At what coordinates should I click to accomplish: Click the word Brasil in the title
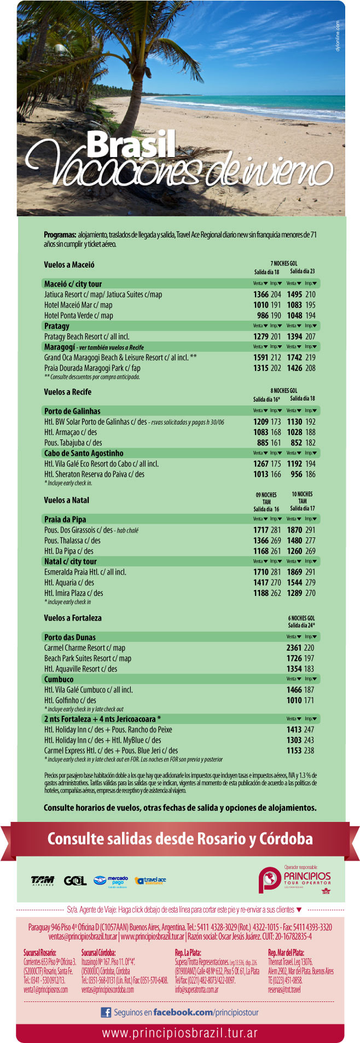(131, 144)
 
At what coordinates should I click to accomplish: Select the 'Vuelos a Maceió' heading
(69, 265)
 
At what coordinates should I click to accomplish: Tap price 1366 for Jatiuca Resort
(261, 294)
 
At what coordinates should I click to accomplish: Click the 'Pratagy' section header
(57, 326)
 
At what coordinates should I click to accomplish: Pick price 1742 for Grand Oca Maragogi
(294, 357)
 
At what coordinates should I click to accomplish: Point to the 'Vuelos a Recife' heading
(68, 392)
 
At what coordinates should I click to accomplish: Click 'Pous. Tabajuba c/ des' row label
(73, 443)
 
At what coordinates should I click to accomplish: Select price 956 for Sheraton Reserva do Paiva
(296, 474)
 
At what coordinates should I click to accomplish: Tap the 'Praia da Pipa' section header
(65, 519)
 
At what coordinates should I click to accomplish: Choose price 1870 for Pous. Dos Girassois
(294, 530)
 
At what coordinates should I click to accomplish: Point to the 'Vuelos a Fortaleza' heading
(73, 618)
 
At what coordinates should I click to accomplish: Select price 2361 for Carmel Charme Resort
(294, 647)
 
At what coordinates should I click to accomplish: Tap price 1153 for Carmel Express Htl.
(294, 751)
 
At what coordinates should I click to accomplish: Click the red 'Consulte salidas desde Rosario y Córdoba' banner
(180, 839)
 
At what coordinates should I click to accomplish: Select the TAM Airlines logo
(42, 880)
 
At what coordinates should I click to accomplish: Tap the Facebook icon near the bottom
(106, 1012)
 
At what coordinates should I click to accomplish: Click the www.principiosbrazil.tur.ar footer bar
(180, 1033)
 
